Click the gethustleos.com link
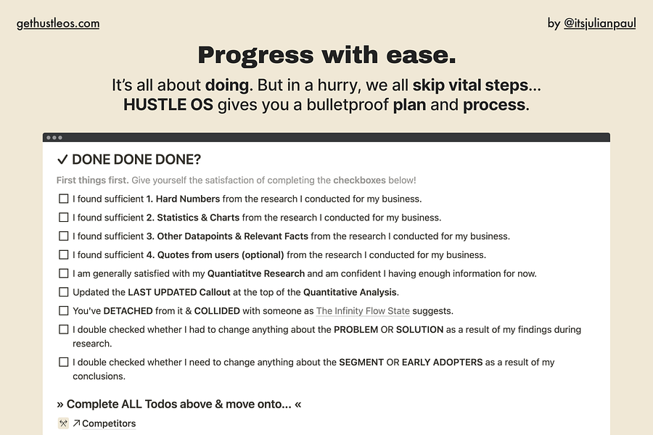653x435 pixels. (x=58, y=24)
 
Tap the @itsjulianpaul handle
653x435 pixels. (x=600, y=23)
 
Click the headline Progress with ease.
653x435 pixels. (x=327, y=55)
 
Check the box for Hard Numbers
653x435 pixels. (x=63, y=199)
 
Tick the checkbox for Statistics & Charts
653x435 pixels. (x=63, y=217)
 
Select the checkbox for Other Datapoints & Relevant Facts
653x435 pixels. (x=63, y=236)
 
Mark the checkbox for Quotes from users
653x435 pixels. (x=63, y=254)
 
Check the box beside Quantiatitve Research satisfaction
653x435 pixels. (x=63, y=273)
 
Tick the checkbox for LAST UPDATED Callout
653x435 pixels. (x=63, y=292)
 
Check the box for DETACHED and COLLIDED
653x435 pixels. (x=63, y=311)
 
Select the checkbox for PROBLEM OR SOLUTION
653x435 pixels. (x=63, y=330)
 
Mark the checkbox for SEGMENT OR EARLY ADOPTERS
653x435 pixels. (x=63, y=362)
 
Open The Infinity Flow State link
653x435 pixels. (x=363, y=311)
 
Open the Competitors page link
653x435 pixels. (x=109, y=423)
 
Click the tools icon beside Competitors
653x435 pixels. (x=63, y=423)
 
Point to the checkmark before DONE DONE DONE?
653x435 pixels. (x=62, y=159)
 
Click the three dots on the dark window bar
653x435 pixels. (x=54, y=137)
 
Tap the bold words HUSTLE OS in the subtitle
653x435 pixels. (x=168, y=105)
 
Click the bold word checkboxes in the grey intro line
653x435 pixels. (x=359, y=181)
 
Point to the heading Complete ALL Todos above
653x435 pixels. (x=179, y=405)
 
